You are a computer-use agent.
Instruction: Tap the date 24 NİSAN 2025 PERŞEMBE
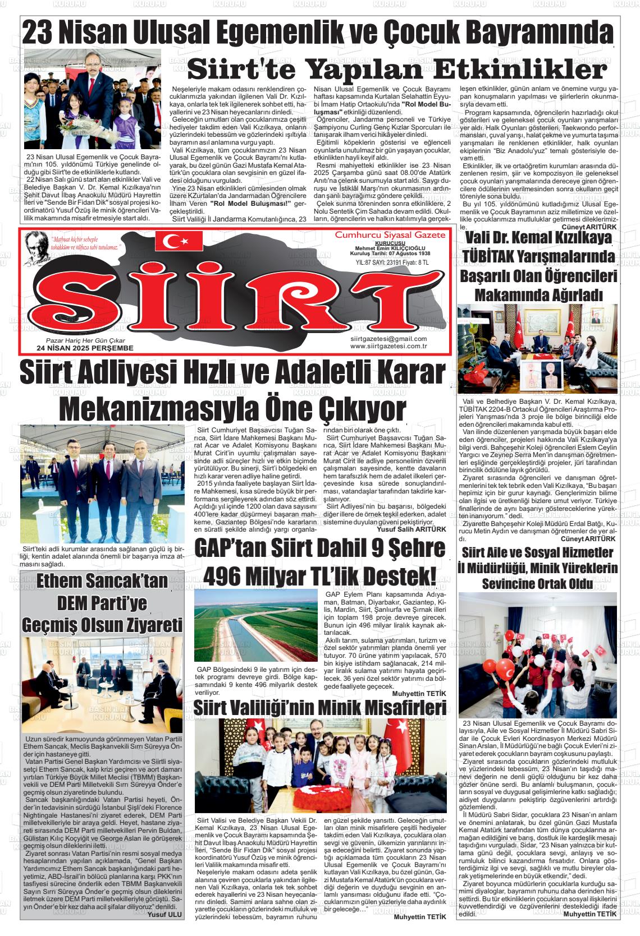[84, 348]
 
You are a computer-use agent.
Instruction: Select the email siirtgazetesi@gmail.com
[388, 339]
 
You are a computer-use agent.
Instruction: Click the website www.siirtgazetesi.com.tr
[388, 346]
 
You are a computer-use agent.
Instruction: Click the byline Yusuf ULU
[165, 915]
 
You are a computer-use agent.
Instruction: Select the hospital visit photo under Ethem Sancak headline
[102, 685]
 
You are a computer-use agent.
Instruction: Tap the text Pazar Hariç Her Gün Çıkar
[85, 340]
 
